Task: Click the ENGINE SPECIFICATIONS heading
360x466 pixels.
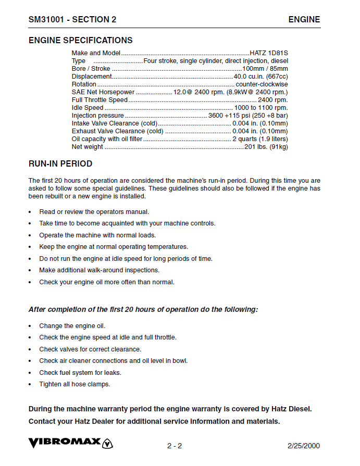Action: (80, 40)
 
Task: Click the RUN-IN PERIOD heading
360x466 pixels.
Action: (60, 163)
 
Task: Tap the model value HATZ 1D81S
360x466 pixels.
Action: (268, 53)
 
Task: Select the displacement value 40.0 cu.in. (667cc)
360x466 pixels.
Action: (260, 77)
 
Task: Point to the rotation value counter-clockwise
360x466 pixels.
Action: (262, 84)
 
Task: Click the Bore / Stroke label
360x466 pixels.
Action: (91, 69)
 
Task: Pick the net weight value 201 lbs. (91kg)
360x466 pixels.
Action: (266, 147)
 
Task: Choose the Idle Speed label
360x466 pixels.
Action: (88, 108)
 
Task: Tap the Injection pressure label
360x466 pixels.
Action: (98, 116)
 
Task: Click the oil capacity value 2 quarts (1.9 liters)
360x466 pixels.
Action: (260, 139)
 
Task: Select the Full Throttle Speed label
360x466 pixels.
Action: (100, 100)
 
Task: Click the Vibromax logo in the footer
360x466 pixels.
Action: (71, 444)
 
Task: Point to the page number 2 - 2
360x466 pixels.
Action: (175, 446)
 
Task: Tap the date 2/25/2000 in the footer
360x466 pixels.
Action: (304, 446)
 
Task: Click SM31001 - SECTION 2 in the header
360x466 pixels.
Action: (72, 20)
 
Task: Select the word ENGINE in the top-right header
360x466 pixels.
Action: (304, 20)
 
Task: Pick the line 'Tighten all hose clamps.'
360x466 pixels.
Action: (75, 384)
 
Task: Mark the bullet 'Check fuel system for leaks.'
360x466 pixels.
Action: (80, 372)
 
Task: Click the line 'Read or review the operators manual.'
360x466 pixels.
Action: (94, 211)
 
